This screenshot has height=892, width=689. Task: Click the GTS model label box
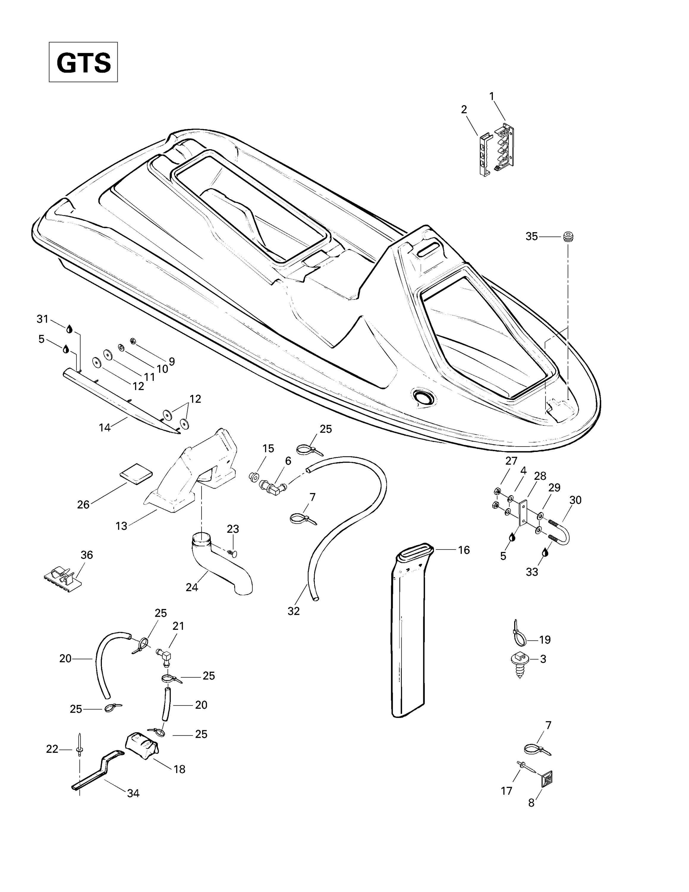pyautogui.click(x=83, y=62)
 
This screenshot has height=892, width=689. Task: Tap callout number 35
pyautogui.click(x=531, y=236)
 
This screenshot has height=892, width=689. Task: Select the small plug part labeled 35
pyautogui.click(x=568, y=236)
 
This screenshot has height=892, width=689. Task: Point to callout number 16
pyautogui.click(x=464, y=550)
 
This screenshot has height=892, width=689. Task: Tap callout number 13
pyautogui.click(x=121, y=526)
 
